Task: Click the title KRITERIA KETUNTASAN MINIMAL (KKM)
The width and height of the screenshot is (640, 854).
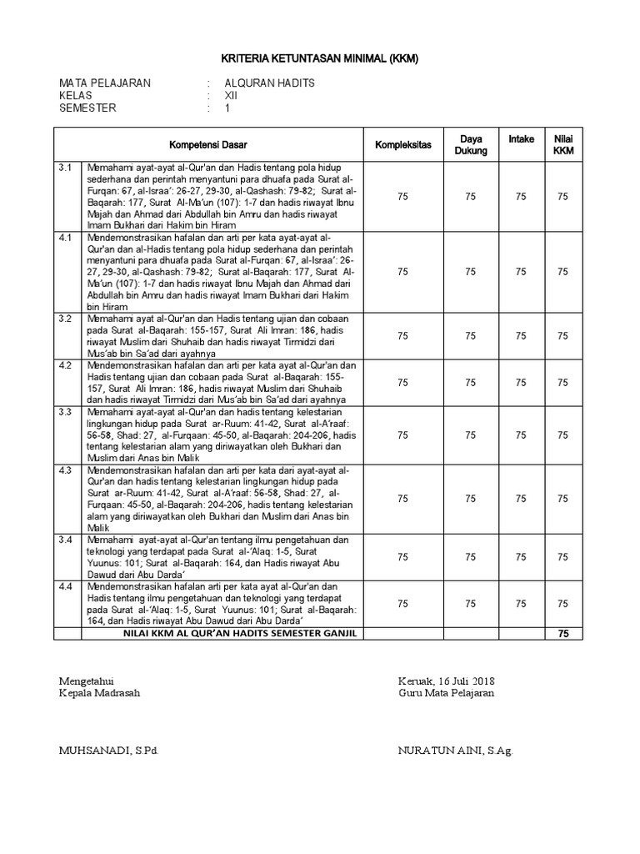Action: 319,59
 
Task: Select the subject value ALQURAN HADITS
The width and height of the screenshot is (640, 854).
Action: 270,83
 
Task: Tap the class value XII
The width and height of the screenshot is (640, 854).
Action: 232,96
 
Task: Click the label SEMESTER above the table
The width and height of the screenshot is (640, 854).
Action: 87,108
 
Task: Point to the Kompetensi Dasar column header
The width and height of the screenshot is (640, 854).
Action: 208,144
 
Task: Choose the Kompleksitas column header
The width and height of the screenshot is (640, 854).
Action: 403,144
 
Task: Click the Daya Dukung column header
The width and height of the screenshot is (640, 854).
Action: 471,144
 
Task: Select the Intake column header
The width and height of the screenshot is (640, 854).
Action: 522,138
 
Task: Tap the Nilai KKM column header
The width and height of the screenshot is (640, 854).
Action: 563,144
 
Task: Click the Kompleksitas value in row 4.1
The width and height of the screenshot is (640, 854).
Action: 403,272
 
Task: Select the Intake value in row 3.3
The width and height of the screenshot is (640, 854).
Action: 522,435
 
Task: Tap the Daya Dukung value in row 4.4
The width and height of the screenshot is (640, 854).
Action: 471,604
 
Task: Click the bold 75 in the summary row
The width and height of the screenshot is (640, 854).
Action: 563,635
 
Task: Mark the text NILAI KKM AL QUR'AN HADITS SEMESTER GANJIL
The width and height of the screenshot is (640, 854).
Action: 222,635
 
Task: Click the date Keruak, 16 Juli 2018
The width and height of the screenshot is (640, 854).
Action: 446,680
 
